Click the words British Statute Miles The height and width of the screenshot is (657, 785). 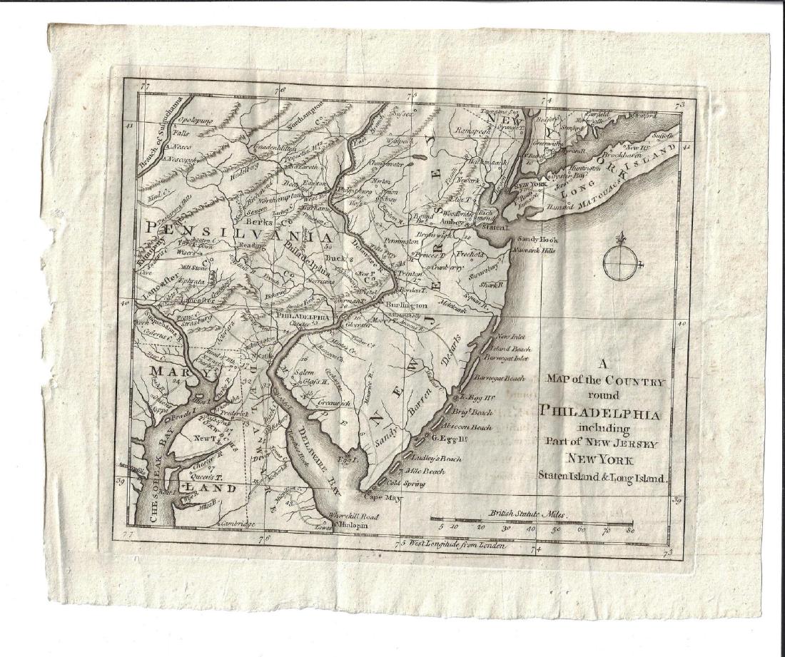[527, 514]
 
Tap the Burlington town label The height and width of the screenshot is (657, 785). [407, 304]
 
